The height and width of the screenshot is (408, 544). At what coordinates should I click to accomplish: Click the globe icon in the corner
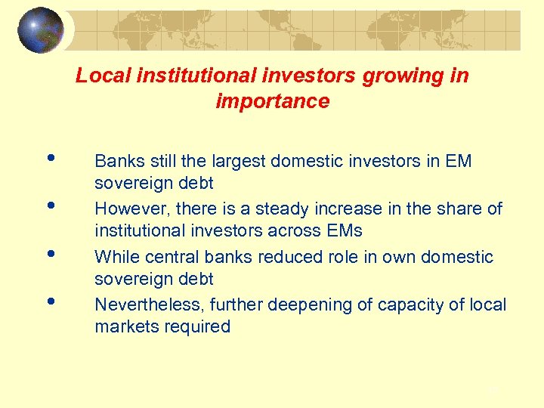click(x=41, y=30)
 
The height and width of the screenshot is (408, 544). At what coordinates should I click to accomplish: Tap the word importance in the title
click(x=273, y=101)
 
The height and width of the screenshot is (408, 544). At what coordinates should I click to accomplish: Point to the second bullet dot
click(x=50, y=206)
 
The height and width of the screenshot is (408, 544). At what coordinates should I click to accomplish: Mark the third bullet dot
click(x=50, y=253)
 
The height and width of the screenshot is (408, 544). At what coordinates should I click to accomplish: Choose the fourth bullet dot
click(x=50, y=301)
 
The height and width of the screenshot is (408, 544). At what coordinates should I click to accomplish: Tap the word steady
click(x=281, y=209)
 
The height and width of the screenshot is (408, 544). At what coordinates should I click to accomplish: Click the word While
click(x=114, y=257)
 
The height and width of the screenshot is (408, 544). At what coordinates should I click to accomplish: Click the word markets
click(x=125, y=327)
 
